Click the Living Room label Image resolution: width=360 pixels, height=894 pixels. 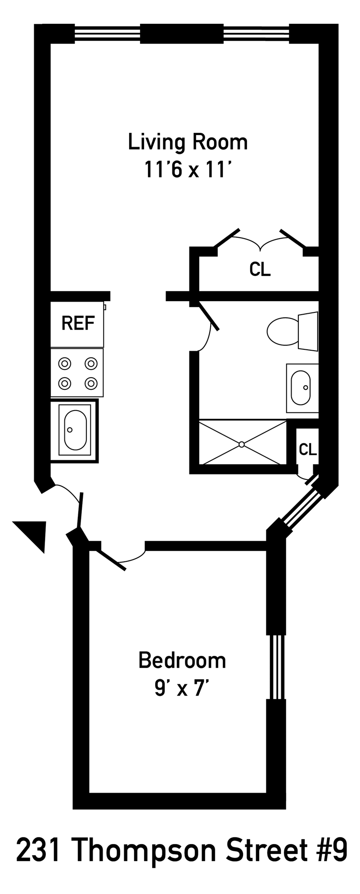188,142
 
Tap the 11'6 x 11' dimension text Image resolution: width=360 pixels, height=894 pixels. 188,170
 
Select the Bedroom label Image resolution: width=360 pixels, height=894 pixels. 182,660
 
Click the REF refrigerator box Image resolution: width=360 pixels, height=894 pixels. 77,324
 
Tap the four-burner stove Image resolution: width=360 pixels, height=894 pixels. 77,373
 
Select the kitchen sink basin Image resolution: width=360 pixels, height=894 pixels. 75,429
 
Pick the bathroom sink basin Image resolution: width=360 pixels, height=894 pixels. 301,388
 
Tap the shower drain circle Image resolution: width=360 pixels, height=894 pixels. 242,444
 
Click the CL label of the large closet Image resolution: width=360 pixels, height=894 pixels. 260,269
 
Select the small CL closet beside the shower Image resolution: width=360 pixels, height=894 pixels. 308,449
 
